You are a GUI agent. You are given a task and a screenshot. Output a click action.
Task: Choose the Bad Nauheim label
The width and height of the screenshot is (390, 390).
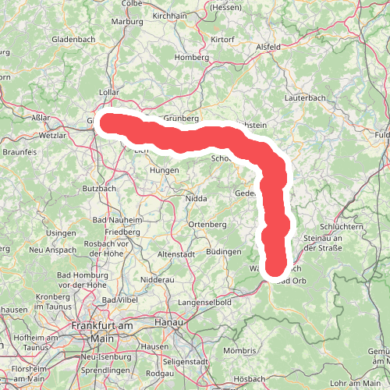pyautogui.click(x=118, y=221)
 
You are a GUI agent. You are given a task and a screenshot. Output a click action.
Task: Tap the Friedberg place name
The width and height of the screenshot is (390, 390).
pyautogui.click(x=122, y=232)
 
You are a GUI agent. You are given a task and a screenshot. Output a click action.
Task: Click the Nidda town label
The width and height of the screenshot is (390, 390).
pyautogui.click(x=197, y=199)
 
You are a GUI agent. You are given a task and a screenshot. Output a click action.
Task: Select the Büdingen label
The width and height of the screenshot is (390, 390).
pyautogui.click(x=223, y=252)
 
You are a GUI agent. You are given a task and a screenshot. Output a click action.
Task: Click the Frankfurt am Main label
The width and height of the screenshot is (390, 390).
pyautogui.click(x=102, y=331)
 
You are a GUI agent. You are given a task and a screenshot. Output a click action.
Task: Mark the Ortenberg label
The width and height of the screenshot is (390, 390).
pyautogui.click(x=207, y=225)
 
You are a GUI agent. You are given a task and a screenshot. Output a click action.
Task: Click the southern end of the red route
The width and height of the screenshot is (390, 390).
pyautogui.click(x=276, y=269)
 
